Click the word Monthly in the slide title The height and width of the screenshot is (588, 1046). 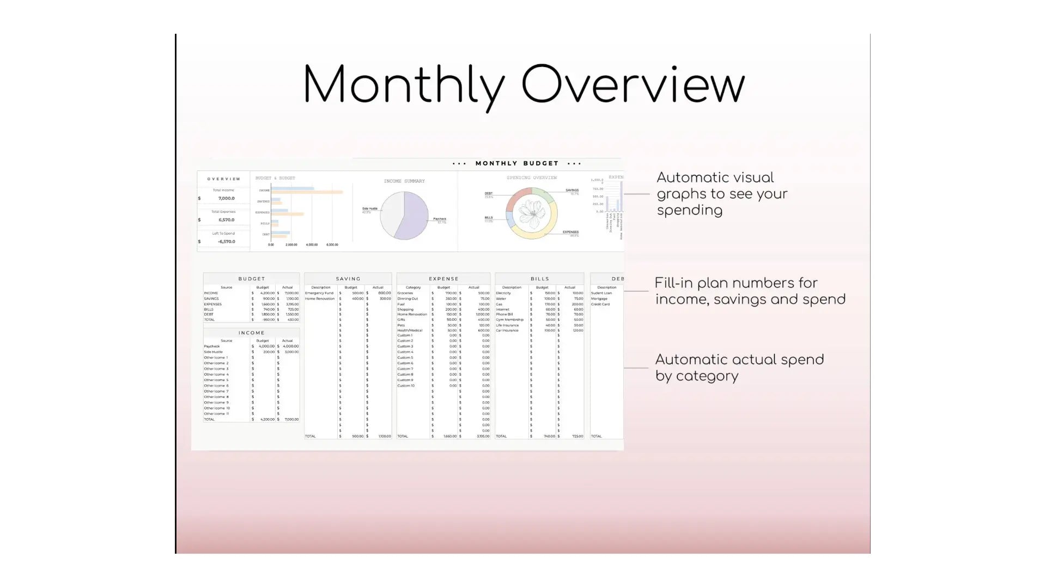[x=403, y=85]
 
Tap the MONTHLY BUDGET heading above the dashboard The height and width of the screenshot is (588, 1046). [x=517, y=163]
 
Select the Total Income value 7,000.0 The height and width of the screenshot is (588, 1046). [x=226, y=199]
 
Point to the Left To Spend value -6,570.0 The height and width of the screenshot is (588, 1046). [x=226, y=242]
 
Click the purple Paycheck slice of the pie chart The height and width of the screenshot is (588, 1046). [x=414, y=218]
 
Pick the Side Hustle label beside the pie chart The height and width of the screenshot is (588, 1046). [x=369, y=209]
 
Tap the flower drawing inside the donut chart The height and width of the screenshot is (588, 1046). [x=531, y=213]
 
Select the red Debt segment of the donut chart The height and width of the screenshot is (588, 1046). [x=518, y=194]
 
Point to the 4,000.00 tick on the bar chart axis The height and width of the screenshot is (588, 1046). [x=312, y=245]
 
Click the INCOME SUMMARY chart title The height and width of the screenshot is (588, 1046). [x=404, y=181]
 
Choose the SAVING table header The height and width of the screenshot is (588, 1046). [x=348, y=279]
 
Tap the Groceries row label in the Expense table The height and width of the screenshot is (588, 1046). [x=405, y=293]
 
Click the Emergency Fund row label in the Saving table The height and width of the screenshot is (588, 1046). [x=319, y=293]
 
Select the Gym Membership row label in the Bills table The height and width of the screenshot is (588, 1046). [x=509, y=320]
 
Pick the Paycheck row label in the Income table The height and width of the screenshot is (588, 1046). [x=212, y=346]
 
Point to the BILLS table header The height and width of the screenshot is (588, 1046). [x=539, y=279]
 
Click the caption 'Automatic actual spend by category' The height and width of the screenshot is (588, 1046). [x=739, y=367]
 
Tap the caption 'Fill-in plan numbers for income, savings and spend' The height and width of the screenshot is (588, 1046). [x=750, y=291]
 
